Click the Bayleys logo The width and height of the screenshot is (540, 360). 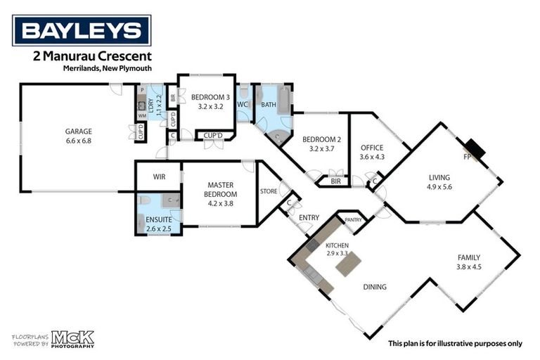82,30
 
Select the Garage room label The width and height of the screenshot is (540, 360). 79,131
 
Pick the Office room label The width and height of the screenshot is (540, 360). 371,148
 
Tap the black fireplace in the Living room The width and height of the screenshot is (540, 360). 476,150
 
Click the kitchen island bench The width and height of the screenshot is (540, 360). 348,264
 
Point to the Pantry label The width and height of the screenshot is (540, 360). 354,220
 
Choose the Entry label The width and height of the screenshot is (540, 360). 309,218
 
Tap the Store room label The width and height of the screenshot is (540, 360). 269,191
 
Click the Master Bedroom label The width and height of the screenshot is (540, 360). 218,190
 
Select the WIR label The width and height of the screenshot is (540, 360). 159,177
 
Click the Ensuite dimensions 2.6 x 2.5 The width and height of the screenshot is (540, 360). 158,229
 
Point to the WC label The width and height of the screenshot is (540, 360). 243,105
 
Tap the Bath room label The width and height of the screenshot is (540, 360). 269,105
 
